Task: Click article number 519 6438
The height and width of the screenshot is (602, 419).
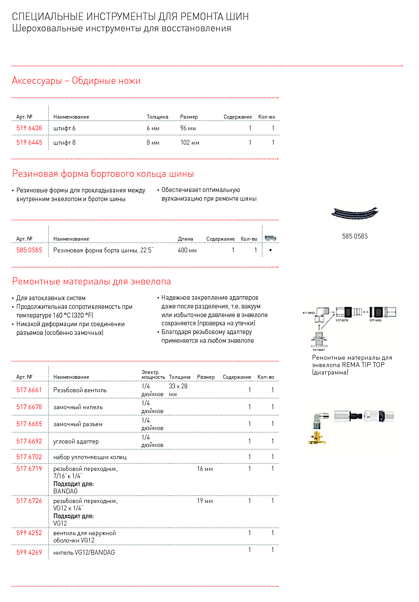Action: pos(29,128)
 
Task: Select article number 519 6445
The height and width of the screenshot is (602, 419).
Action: pos(29,142)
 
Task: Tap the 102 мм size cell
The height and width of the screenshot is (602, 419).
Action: pos(190,142)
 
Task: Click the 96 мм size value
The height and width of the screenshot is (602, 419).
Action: pos(188,128)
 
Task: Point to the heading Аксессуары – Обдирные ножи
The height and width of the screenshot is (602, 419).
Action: pos(76,81)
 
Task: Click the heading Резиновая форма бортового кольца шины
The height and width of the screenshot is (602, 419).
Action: pos(103,174)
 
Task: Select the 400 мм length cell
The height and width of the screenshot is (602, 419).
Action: pos(187,250)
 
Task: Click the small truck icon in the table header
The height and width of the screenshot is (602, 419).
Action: pos(271,238)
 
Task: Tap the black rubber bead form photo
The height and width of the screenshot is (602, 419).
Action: pos(355,213)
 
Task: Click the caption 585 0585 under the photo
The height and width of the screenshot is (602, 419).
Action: pos(355,236)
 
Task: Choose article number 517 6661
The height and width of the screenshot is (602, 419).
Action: pos(29,390)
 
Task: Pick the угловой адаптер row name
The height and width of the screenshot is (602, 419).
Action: pos(76,441)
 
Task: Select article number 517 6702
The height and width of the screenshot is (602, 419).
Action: pos(29,457)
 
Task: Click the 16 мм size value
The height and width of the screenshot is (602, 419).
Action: pos(205,469)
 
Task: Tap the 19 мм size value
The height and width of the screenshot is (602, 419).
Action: pos(205,501)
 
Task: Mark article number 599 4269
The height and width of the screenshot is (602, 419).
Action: pos(29,552)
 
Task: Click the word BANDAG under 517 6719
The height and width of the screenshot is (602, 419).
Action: pos(66,491)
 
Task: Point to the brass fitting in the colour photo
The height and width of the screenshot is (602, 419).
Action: pos(317,436)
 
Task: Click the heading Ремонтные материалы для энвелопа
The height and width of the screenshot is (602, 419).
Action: pos(91,281)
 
